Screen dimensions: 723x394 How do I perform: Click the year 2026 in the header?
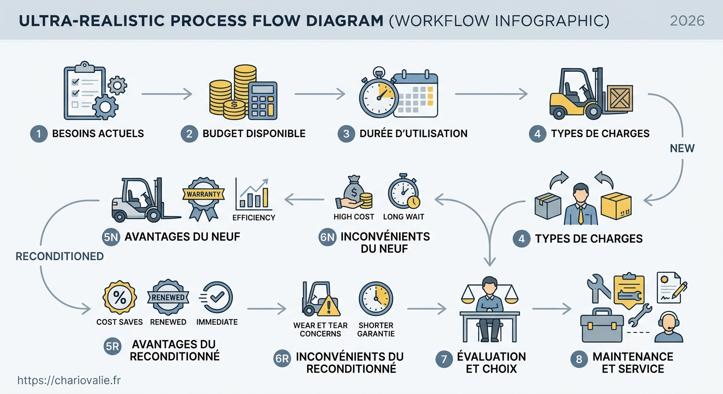(687, 21)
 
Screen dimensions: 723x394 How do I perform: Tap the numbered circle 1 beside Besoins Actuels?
(39, 134)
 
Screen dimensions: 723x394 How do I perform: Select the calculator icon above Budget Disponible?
(263, 100)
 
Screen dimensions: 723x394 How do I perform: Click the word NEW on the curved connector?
(682, 148)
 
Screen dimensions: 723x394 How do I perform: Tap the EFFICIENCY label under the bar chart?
(254, 218)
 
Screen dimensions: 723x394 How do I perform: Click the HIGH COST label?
(354, 216)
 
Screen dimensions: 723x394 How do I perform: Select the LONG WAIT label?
(404, 216)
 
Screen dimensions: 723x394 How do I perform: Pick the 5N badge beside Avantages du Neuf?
(111, 238)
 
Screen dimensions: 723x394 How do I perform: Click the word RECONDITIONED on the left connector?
(60, 257)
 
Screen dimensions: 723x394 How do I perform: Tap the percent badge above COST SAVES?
(120, 297)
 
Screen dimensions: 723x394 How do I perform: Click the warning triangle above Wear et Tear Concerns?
(329, 306)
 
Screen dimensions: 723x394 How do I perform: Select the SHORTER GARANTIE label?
(376, 329)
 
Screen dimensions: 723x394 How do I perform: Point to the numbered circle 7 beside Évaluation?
(444, 359)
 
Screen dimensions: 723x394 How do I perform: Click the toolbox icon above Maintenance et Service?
(602, 325)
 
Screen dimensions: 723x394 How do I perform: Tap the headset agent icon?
(669, 327)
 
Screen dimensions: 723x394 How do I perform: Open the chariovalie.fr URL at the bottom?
(69, 381)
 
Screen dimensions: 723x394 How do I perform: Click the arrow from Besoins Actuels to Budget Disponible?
(167, 94)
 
